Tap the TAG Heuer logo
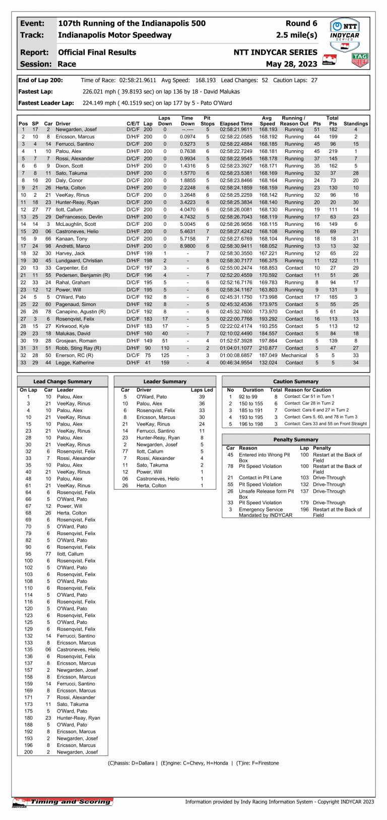coord(360,60)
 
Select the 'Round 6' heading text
coord(301,23)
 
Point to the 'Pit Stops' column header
coord(208,121)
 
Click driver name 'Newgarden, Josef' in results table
coord(76,130)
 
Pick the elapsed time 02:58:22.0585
coord(236,137)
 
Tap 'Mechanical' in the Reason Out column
coord(294,356)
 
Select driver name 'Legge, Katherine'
coord(75,363)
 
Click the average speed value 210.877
coord(268,348)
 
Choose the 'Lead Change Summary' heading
coord(62,381)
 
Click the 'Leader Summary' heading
coord(165,381)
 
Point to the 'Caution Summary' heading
coord(295,381)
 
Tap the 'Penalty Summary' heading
coord(295,440)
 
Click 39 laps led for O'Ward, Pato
coord(202,397)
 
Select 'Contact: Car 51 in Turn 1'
coord(309,396)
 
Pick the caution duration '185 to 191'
coord(250,411)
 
